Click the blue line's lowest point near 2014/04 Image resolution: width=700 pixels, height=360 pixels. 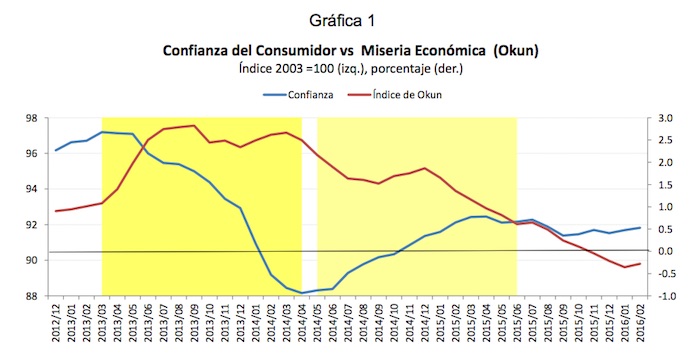click(301, 293)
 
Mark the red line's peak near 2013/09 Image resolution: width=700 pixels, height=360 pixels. click(193, 126)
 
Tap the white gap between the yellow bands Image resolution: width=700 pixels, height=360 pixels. click(309, 200)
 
